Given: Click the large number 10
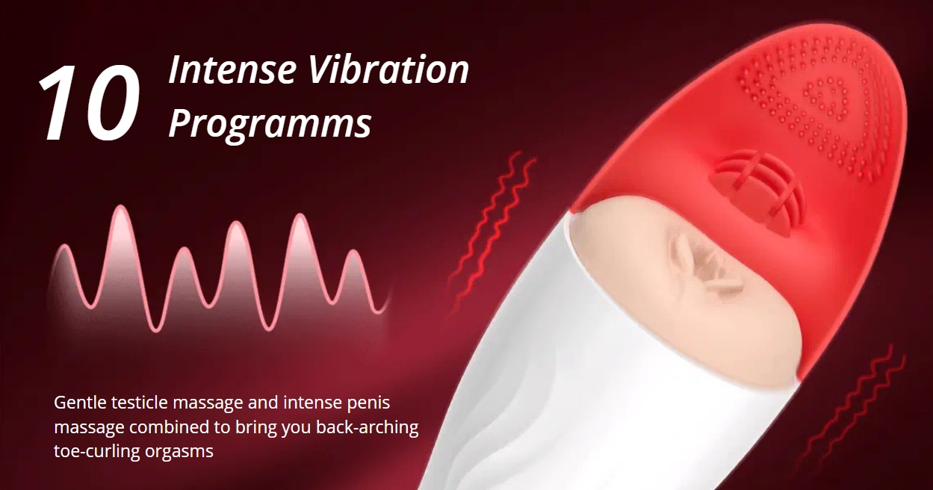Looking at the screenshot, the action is [89, 102].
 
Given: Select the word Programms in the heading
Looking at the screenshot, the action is [270, 123].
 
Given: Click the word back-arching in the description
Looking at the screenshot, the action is [368, 428].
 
